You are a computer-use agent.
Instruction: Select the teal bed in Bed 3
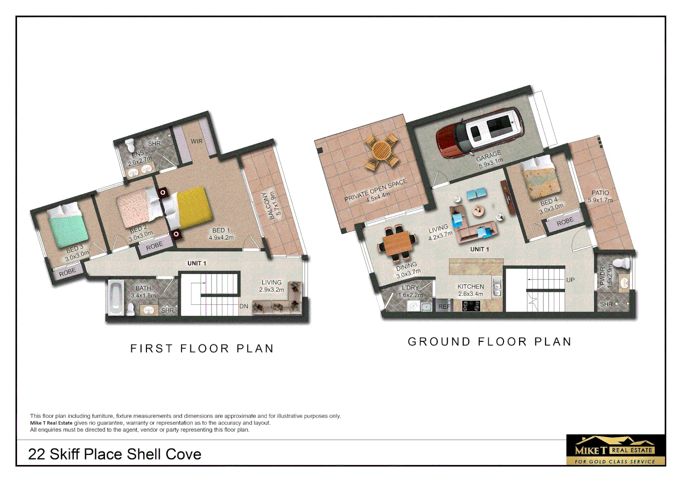tap(67, 225)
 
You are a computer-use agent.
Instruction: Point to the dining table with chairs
tap(398, 244)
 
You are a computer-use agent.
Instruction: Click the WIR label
tap(196, 141)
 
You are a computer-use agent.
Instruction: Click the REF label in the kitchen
tap(444, 307)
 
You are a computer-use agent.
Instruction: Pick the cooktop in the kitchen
tap(471, 306)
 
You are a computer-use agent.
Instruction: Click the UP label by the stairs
tap(570, 280)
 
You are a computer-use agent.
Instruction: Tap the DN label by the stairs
tap(244, 306)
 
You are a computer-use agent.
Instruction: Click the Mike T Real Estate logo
tap(615, 450)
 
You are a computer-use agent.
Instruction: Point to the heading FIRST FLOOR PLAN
tap(202, 349)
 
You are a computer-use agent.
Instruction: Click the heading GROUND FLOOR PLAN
tap(490, 342)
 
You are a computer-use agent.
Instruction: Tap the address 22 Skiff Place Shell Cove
tap(115, 454)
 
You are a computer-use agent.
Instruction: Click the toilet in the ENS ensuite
tap(130, 145)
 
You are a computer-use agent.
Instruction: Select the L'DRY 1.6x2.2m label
tap(410, 291)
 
